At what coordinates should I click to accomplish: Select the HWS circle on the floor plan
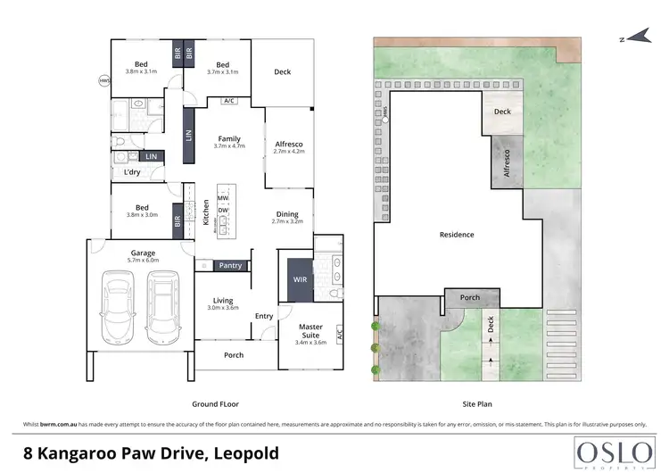tap(104, 81)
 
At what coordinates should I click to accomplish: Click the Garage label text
tap(144, 253)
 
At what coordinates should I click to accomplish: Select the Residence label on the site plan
tap(457, 235)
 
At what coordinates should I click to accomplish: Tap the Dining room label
tap(287, 214)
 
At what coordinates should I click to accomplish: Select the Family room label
tap(230, 139)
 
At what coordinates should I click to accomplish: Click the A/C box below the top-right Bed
tap(229, 100)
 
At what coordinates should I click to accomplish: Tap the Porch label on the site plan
tap(469, 297)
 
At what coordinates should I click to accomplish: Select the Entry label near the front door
tap(264, 316)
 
